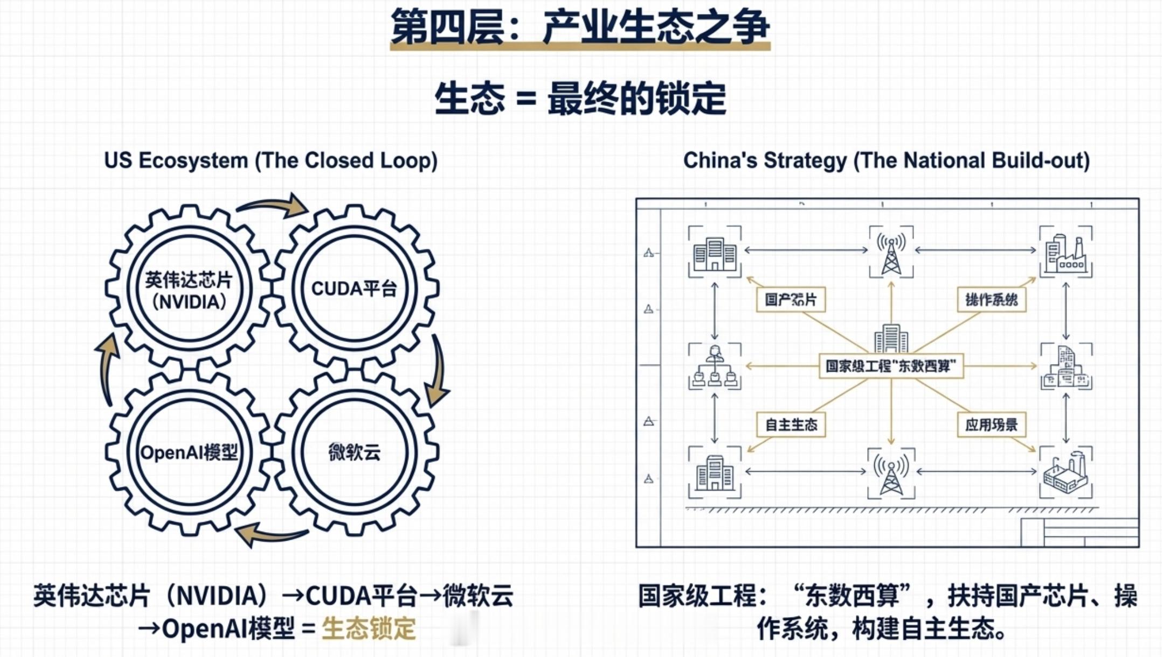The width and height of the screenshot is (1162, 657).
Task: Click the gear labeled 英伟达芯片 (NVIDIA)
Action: (x=189, y=289)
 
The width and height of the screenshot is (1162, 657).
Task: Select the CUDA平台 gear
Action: (x=354, y=289)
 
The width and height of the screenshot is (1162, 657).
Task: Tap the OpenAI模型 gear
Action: (x=189, y=452)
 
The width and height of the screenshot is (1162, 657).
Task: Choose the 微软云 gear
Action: (x=354, y=452)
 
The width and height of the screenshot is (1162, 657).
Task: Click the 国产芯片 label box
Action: (x=791, y=299)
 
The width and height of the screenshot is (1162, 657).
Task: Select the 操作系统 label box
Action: (x=991, y=299)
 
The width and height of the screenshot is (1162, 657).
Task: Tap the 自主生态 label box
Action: (x=791, y=424)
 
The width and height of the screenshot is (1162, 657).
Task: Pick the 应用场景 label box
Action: (x=991, y=424)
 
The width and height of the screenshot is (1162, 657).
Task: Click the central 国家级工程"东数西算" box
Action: (x=891, y=366)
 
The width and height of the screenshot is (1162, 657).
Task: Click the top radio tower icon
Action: (x=891, y=252)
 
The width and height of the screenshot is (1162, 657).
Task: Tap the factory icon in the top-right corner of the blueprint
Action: (x=1065, y=252)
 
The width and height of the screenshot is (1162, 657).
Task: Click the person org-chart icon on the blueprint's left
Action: (x=715, y=366)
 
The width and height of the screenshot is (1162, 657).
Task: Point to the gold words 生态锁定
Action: (x=369, y=628)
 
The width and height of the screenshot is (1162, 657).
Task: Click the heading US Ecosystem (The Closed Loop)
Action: (x=271, y=160)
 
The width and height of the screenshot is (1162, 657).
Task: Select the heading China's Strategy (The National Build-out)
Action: (x=887, y=160)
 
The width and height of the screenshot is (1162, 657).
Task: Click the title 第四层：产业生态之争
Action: (x=580, y=27)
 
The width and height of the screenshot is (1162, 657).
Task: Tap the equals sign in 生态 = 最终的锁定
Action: (x=526, y=99)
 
